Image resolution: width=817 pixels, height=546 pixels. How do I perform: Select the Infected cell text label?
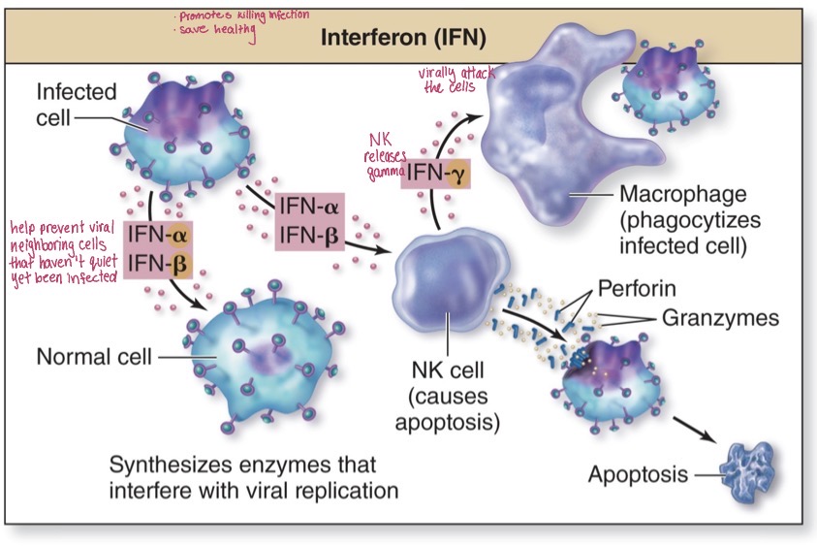[76, 105]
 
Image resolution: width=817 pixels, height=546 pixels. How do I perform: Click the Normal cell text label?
[93, 356]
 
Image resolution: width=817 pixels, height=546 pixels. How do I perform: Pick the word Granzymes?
[720, 317]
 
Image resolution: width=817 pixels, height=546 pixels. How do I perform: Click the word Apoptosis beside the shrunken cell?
[638, 474]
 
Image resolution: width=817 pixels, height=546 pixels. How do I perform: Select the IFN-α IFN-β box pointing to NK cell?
[309, 220]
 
